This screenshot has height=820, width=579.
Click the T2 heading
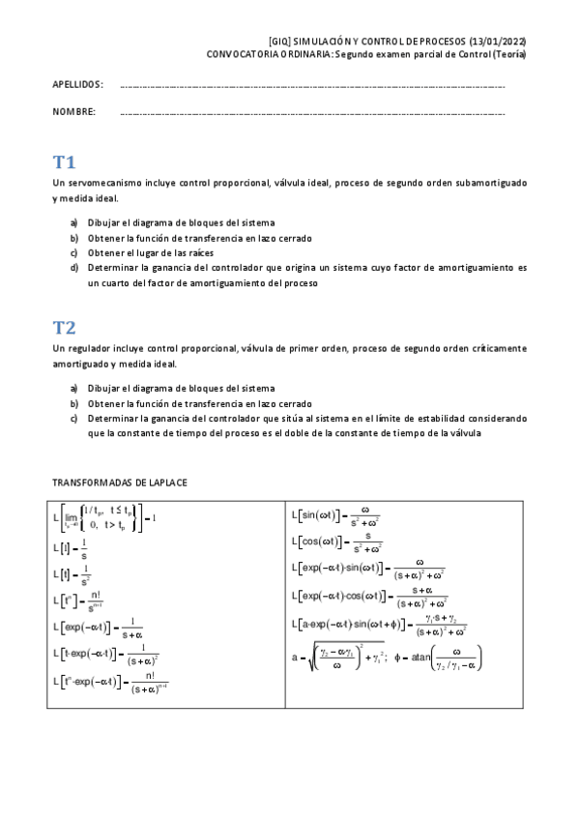coord(65,327)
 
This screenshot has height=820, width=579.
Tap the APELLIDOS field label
coord(78,85)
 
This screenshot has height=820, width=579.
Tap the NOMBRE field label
coord(74,112)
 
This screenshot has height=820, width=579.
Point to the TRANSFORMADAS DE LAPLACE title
coord(120,481)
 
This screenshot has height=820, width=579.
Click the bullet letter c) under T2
coord(73,419)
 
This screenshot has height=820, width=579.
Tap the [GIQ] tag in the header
coord(280,43)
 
